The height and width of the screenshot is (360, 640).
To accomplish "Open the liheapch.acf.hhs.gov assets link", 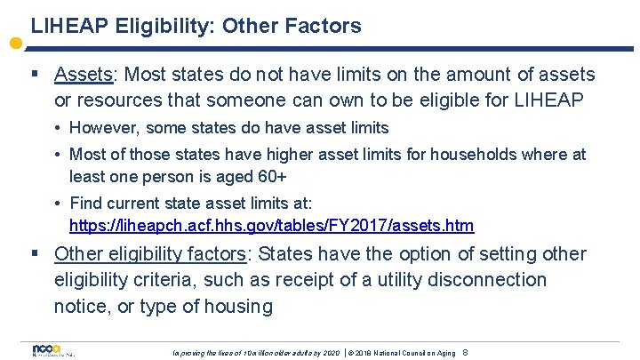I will point(271,225).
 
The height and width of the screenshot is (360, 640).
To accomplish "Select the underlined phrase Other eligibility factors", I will point(149,254).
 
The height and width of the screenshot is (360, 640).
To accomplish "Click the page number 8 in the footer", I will point(465,353).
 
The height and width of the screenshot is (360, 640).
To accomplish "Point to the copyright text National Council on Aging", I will point(409,353).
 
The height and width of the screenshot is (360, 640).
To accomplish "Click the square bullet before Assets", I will point(35,75).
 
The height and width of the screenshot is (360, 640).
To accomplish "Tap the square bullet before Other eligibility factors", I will point(35,254).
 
